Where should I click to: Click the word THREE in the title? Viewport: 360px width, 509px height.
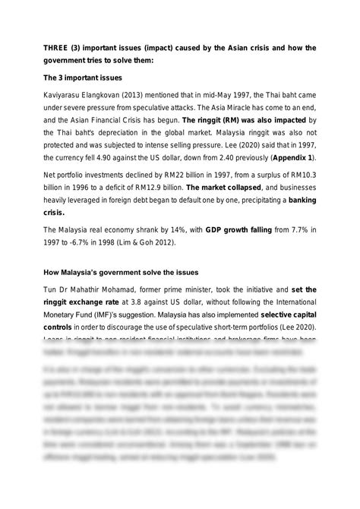click(x=55, y=48)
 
